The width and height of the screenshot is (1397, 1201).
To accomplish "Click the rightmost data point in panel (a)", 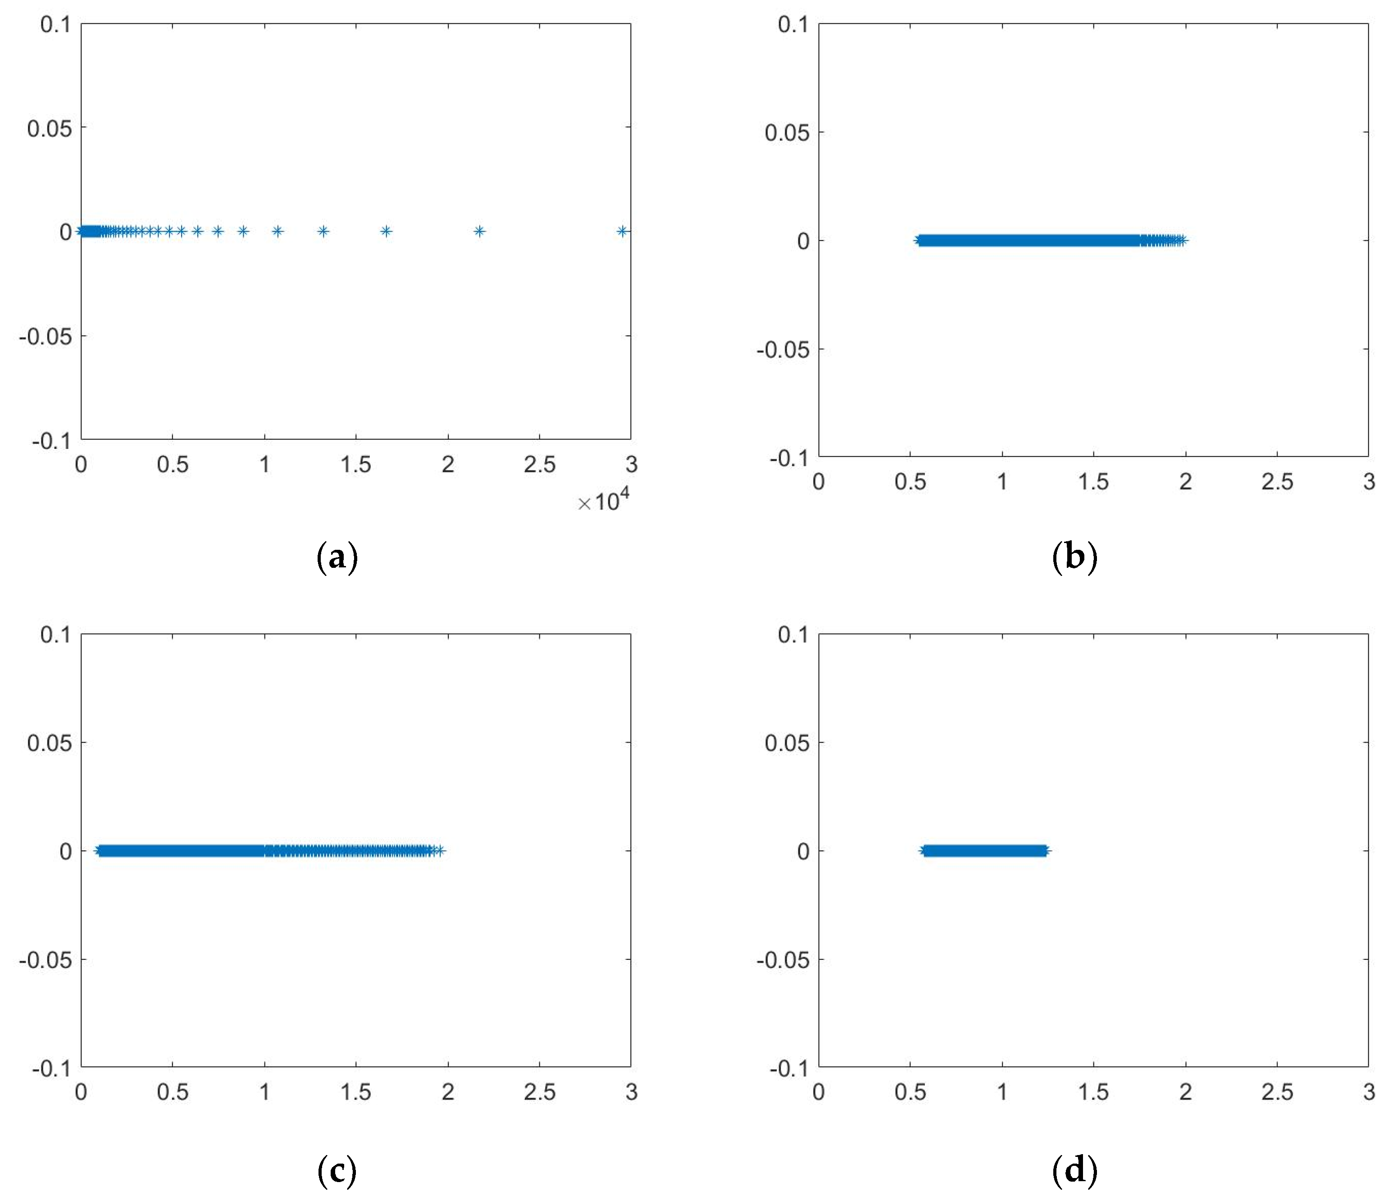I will [622, 231].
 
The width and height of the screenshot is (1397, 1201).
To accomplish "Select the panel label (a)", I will [337, 557].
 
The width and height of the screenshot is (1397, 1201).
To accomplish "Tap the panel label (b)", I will [1074, 557].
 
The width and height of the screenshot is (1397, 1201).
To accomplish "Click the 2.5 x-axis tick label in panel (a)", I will [539, 465].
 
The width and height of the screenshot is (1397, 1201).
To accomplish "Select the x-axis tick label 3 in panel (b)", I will [1369, 481].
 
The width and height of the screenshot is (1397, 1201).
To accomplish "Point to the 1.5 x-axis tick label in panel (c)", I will [356, 1092].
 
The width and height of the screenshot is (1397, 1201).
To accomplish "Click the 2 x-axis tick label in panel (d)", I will [1185, 1092].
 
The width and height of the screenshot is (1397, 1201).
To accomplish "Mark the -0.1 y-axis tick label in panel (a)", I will [51, 441].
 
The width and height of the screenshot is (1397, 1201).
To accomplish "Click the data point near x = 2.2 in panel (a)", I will [479, 231].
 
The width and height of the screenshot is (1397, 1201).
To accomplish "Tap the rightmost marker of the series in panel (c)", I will [440, 850].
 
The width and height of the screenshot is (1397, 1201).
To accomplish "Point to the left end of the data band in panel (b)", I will [918, 240].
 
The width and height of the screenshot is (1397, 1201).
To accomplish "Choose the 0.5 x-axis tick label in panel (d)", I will [910, 1092].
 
